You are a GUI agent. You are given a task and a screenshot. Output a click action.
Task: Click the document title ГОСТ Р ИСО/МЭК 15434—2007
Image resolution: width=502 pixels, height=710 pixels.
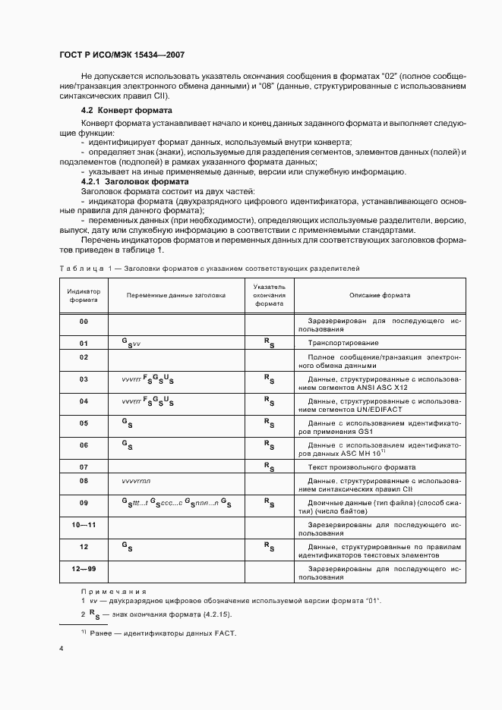pos(122,55)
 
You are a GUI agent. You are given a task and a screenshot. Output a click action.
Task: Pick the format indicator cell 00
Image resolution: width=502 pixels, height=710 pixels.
pos(84,322)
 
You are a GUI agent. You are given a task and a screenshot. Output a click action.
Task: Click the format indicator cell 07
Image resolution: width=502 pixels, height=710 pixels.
pos(84,467)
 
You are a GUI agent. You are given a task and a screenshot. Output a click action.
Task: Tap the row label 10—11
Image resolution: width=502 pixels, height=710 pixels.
pos(84,524)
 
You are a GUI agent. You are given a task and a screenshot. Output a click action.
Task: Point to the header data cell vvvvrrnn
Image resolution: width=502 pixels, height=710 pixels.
pos(137,481)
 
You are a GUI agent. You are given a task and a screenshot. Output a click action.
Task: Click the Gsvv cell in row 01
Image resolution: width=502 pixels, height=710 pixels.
pos(131,343)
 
